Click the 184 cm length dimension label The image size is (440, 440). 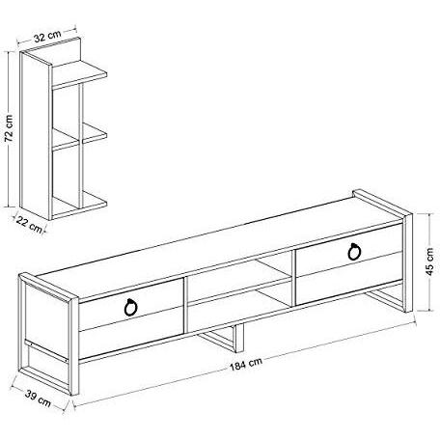pos(246,364)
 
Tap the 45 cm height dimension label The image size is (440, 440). pos(429,261)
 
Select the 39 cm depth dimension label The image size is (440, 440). pos(38,398)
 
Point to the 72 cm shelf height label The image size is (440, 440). pos(9,128)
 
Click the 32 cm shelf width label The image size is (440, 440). pos(47,36)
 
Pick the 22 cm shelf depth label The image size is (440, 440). pos(29,225)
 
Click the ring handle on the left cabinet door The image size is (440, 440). pos(130,307)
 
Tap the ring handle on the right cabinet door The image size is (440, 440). pos(354,251)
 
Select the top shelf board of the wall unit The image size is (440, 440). pos(79,74)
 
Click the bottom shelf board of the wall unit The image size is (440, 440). pos(79,205)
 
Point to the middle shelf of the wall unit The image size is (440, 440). pos(79,137)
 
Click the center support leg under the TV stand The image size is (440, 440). pos(223,338)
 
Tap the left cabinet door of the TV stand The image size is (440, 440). pos(131,317)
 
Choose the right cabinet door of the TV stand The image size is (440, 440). pos(349,264)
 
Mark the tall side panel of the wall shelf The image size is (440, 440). pos(36,135)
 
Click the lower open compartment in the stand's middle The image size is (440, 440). pos(239,307)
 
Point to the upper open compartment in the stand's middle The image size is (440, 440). pos(238,277)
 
